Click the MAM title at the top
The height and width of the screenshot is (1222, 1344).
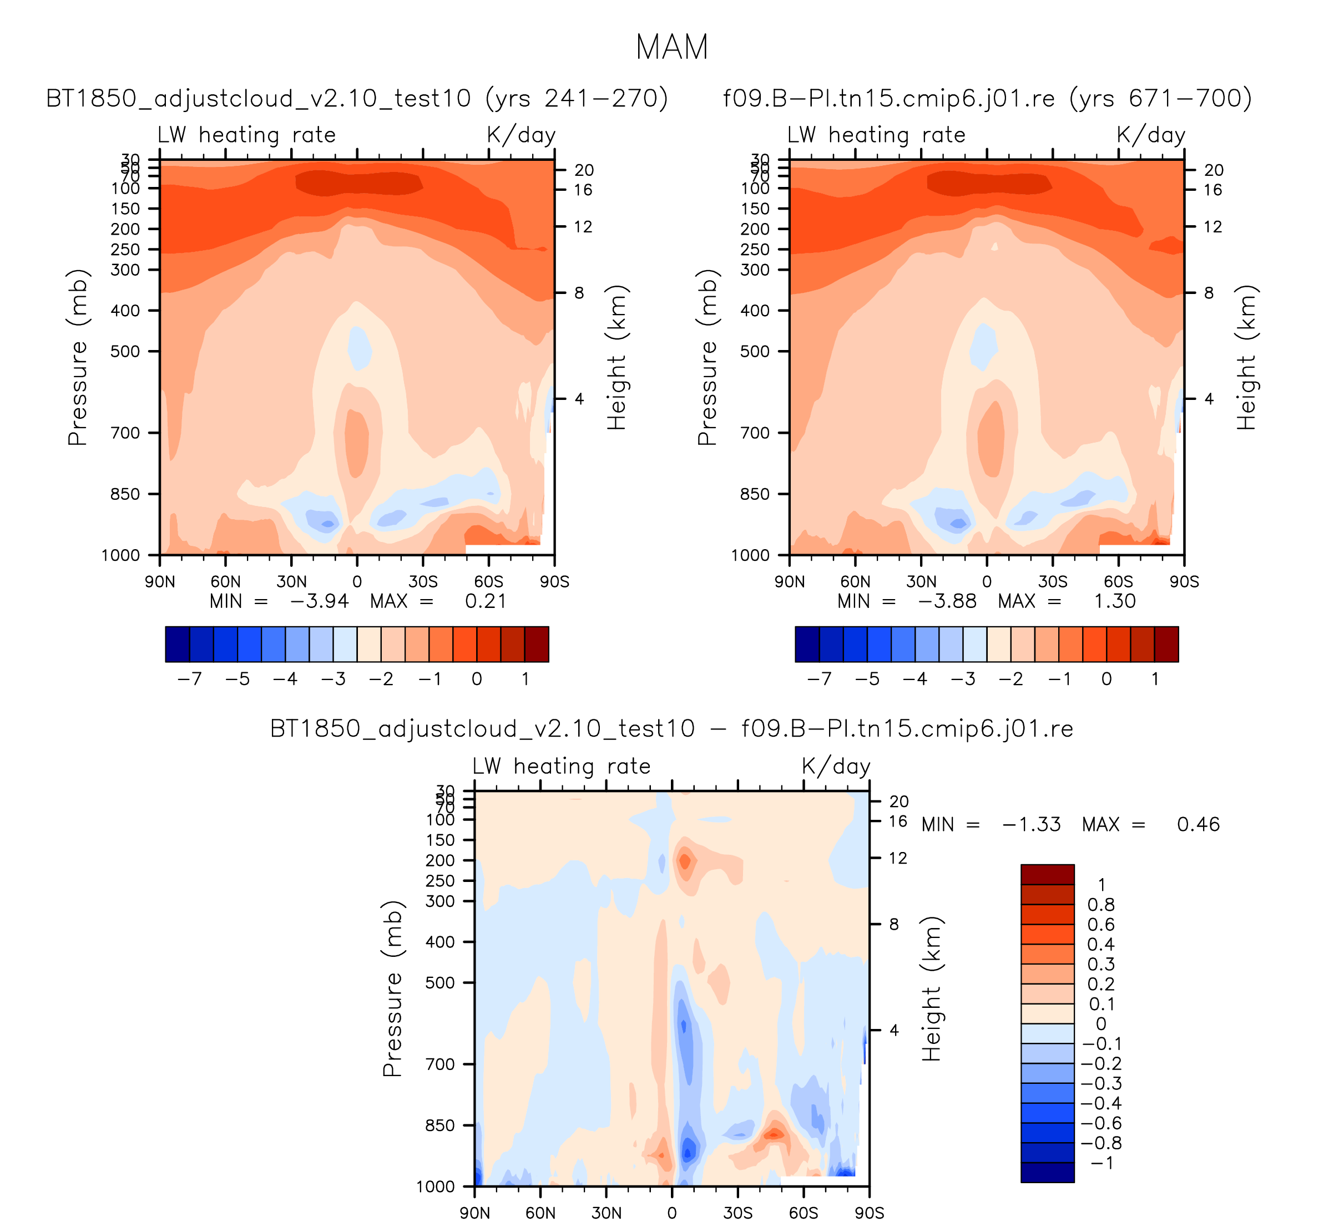pos(671,48)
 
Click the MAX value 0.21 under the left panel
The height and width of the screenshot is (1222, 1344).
pos(486,602)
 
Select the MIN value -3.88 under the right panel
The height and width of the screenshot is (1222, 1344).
pos(947,602)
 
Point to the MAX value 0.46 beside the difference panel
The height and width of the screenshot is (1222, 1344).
pos(1198,825)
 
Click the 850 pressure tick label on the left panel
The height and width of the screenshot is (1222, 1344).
pos(125,494)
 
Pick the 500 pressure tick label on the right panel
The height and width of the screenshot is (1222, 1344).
pos(755,351)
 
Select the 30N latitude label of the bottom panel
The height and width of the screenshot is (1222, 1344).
pos(606,1213)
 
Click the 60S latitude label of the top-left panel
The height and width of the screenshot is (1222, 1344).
pos(489,582)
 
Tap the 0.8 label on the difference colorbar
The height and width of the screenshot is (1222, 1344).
pos(1100,905)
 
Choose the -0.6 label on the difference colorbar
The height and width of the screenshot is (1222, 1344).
pos(1100,1123)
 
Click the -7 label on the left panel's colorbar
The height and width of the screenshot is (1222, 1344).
pos(189,680)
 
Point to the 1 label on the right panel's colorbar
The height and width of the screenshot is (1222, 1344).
pos(1155,680)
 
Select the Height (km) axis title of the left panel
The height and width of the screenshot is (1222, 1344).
pos(617,357)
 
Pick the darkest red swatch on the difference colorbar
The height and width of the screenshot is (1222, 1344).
pos(1047,874)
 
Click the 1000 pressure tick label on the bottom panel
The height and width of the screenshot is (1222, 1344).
pos(436,1186)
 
